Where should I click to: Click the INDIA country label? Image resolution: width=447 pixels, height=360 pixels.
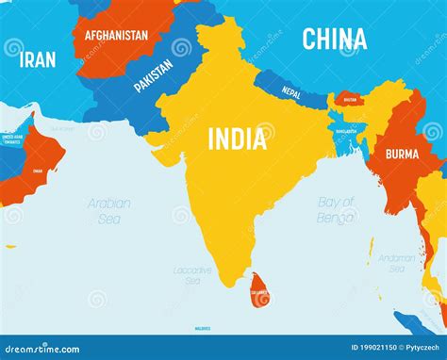(236, 139)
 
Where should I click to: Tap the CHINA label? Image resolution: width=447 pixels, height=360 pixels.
(334, 39)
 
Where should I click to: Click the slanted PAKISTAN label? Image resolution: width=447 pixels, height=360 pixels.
(154, 74)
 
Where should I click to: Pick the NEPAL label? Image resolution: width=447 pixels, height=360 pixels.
(291, 93)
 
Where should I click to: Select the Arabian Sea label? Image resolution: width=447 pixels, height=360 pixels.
(109, 210)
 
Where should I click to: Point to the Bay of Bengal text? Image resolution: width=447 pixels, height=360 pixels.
(337, 209)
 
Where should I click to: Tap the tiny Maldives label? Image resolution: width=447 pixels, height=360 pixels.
(202, 328)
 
